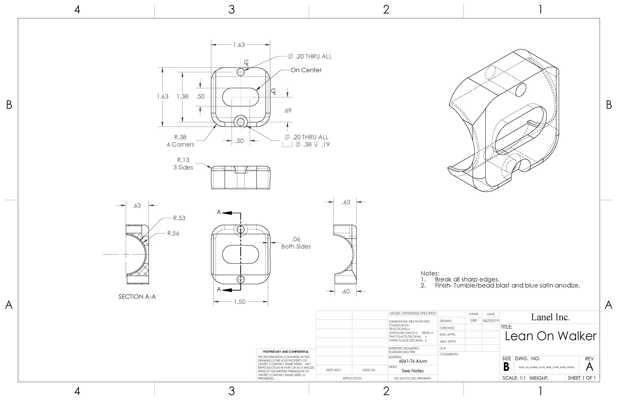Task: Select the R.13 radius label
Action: [183, 160]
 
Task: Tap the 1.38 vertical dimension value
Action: [182, 97]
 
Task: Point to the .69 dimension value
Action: [287, 111]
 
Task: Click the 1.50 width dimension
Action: [239, 302]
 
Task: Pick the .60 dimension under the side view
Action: [346, 291]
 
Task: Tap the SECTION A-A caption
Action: [137, 297]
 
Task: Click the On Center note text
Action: [306, 70]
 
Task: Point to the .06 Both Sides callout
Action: [296, 243]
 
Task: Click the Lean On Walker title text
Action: [551, 336]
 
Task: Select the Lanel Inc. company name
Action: [550, 317]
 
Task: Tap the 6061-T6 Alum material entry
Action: [413, 361]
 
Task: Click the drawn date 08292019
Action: [490, 321]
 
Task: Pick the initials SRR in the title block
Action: [473, 321]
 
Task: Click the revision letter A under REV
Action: [589, 367]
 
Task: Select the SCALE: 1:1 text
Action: [514, 378]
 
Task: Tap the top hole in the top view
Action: [241, 72]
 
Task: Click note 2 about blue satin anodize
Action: [507, 286]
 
